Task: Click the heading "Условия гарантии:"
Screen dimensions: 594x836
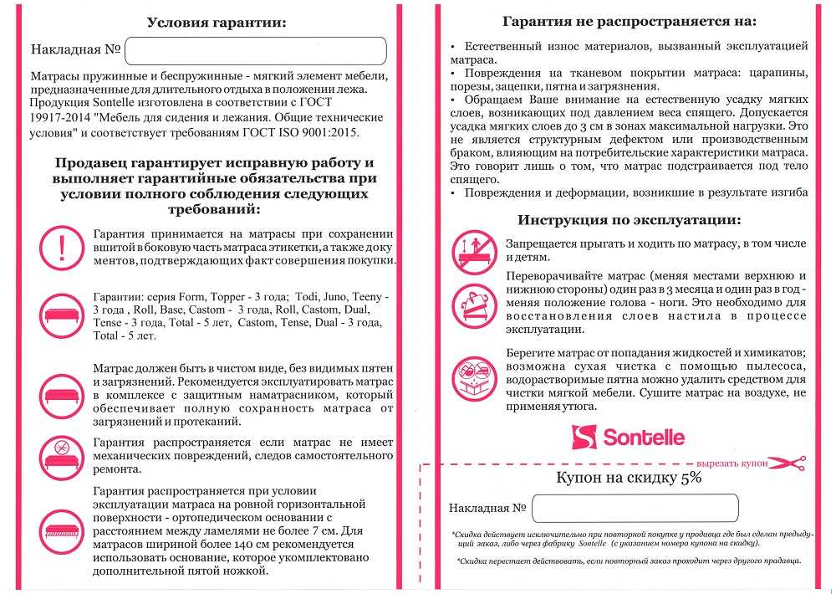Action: pyautogui.click(x=216, y=23)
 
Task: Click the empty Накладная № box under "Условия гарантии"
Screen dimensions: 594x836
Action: pyautogui.click(x=256, y=51)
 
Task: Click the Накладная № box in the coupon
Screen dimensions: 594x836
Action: pyautogui.click(x=635, y=508)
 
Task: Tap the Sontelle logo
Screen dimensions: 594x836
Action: pyautogui.click(x=628, y=437)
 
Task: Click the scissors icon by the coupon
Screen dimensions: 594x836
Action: pyautogui.click(x=787, y=463)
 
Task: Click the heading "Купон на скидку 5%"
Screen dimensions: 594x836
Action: pyautogui.click(x=629, y=478)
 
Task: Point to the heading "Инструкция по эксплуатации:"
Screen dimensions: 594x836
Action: pyautogui.click(x=628, y=220)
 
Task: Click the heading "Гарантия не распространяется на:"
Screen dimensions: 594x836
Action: pyautogui.click(x=629, y=21)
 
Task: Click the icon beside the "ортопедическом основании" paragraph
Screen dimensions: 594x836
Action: pyautogui.click(x=61, y=527)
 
